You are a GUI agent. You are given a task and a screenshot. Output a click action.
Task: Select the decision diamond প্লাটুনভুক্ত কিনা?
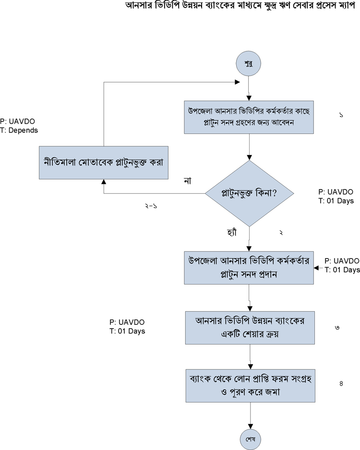tap(250, 193)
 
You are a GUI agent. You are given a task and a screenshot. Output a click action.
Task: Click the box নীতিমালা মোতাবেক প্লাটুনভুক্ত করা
tap(103, 162)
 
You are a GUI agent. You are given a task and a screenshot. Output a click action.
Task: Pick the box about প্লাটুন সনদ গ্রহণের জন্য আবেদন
tap(250, 117)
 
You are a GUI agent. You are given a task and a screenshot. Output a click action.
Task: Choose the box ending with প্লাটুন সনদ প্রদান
tap(250, 268)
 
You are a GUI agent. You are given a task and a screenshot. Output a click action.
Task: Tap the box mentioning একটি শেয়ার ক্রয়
tap(250, 328)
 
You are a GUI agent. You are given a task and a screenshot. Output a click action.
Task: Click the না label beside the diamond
tap(188, 181)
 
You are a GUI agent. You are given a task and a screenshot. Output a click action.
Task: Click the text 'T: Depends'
tap(19, 130)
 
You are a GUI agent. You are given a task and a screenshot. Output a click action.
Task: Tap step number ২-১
tap(151, 205)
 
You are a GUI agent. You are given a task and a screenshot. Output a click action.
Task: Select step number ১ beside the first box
tap(340, 116)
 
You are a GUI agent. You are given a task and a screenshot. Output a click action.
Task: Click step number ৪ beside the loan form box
tap(341, 383)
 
